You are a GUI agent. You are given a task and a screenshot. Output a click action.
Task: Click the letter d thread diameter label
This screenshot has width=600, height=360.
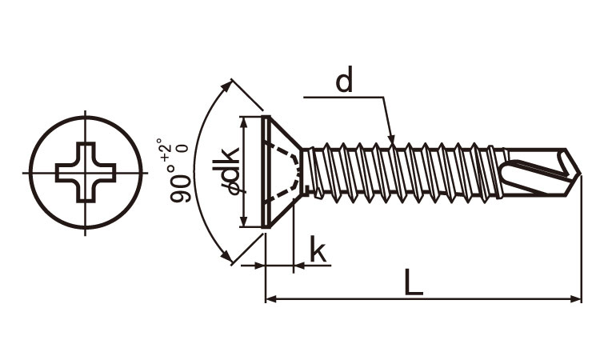pyautogui.click(x=344, y=79)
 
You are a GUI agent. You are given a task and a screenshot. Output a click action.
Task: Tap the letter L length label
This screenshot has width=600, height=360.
pyautogui.click(x=414, y=282)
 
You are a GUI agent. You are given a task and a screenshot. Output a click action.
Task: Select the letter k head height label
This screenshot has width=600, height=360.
pyautogui.click(x=318, y=249)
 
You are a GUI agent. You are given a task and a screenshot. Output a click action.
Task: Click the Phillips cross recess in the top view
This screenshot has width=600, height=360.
pyautogui.click(x=86, y=173)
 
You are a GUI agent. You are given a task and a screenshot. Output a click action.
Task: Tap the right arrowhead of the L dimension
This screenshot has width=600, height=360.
pyautogui.click(x=575, y=298)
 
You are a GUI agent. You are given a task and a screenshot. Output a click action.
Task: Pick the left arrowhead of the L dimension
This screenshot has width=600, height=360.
pyautogui.click(x=271, y=298)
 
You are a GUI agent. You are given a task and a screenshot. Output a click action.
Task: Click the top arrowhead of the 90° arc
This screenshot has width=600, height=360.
pyautogui.click(x=227, y=86)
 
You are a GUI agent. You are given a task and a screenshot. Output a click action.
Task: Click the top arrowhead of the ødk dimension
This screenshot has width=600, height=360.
pyautogui.click(x=243, y=122)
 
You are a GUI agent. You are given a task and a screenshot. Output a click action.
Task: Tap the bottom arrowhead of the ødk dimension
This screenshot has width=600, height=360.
pyautogui.click(x=243, y=221)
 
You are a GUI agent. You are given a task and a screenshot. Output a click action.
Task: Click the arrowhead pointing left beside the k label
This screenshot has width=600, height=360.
pyautogui.click(x=299, y=265)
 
